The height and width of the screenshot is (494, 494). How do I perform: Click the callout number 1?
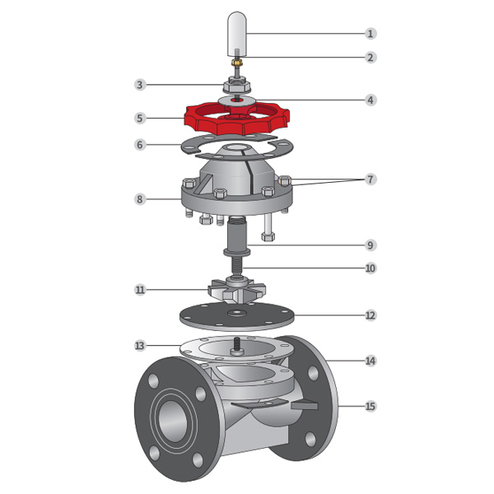point(370,34)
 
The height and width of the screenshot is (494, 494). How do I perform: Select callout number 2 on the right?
point(370,58)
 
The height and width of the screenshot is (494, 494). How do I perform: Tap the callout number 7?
point(370,179)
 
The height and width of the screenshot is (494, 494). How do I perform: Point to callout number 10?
point(370,268)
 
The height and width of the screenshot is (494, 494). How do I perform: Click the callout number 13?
point(140,346)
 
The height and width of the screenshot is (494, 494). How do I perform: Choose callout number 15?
point(370,406)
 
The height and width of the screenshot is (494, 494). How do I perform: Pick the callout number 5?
point(140,119)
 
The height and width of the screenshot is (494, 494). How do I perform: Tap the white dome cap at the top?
point(237,34)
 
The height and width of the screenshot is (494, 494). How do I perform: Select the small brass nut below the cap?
point(236,63)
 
